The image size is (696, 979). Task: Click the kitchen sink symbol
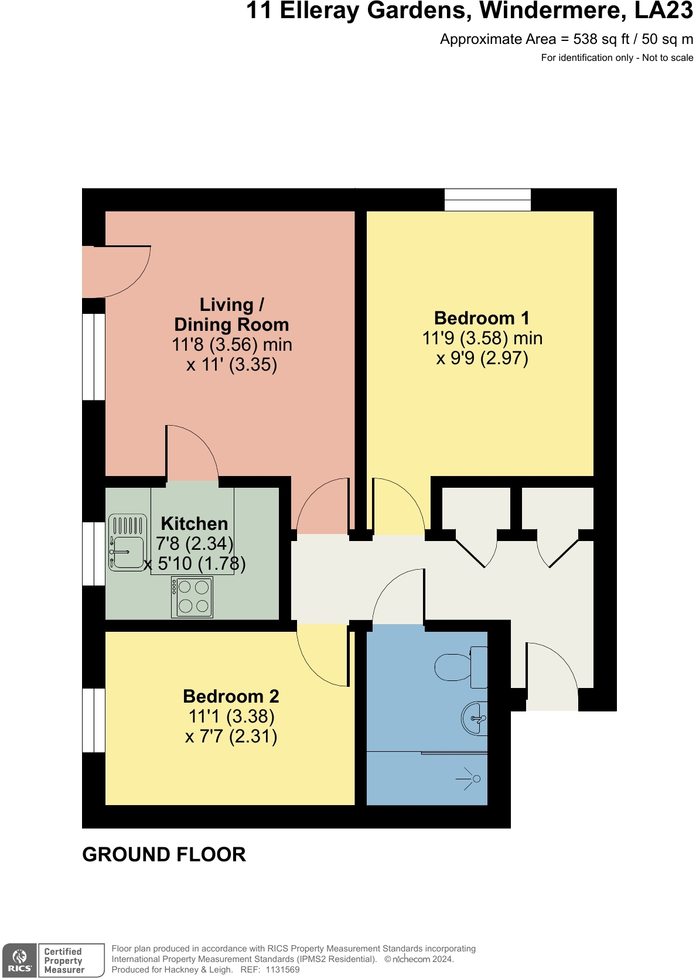[x=127, y=543]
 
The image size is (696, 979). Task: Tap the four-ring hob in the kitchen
[x=192, y=597]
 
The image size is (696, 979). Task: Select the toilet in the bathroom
[x=460, y=667]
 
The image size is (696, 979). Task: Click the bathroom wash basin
[x=475, y=718]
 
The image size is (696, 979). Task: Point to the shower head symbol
[x=472, y=779]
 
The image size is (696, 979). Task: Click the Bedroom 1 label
[x=482, y=318]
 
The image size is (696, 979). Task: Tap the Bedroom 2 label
[x=231, y=696]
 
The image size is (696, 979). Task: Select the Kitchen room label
[x=194, y=523]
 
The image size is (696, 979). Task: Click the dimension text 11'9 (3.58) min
[x=482, y=338]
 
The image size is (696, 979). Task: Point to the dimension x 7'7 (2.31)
[x=231, y=736]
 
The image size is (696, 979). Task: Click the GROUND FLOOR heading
[x=164, y=854]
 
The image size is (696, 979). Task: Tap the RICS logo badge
[x=19, y=960]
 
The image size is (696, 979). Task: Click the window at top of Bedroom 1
[x=487, y=200]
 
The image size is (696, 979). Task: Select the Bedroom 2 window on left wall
[x=94, y=720]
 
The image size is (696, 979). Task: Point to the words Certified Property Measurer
[x=64, y=960]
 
